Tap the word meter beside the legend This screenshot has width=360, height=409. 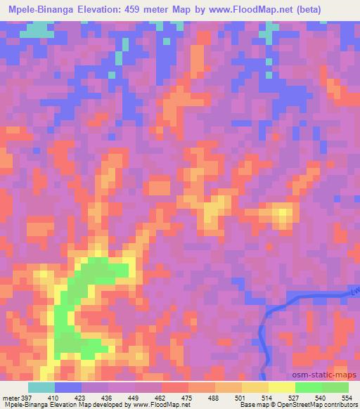click(x=11, y=397)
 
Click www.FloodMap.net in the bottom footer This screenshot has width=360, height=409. click(x=160, y=405)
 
